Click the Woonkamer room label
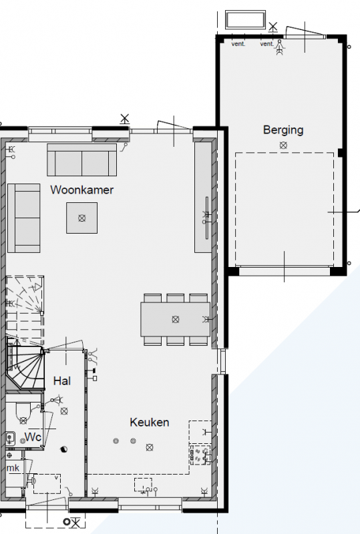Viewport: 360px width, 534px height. click(x=81, y=190)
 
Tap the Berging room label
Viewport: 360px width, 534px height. click(x=283, y=129)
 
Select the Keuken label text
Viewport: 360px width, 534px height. click(x=150, y=423)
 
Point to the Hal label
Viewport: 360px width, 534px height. click(x=62, y=380)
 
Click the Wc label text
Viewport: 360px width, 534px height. click(x=33, y=437)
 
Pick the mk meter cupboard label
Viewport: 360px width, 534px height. click(x=13, y=468)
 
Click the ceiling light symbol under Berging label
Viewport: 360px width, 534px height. click(x=283, y=146)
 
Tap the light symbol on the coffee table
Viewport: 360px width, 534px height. click(x=81, y=218)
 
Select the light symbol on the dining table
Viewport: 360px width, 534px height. click(x=175, y=319)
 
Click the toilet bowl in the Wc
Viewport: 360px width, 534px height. click(x=23, y=413)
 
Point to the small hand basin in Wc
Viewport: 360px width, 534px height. click(x=10, y=439)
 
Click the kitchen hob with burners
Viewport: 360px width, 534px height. click(x=200, y=455)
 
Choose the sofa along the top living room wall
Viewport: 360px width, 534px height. click(x=81, y=160)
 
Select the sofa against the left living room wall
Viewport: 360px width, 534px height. click(x=24, y=218)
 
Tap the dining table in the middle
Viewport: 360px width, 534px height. click(x=175, y=319)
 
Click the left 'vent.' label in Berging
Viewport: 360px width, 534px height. click(x=238, y=44)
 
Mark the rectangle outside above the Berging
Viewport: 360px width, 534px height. click(x=245, y=20)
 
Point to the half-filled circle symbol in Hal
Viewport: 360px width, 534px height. click(x=63, y=449)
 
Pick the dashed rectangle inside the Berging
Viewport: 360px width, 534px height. click(x=285, y=208)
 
